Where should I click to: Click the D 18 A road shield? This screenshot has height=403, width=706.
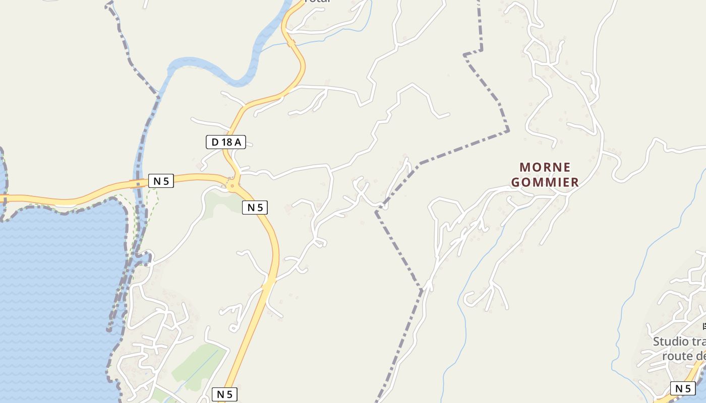click(225, 142)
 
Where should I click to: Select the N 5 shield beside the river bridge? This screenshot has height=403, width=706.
click(161, 181)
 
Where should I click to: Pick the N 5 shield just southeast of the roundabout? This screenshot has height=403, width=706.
click(255, 207)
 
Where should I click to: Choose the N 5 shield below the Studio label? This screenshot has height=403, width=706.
click(683, 388)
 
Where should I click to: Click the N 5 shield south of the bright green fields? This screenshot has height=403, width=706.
click(224, 394)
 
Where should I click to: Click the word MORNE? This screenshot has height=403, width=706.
click(545, 167)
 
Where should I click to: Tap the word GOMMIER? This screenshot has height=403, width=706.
click(545, 182)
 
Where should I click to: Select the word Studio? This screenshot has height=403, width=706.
click(671, 342)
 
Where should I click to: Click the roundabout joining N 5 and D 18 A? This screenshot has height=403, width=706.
click(232, 186)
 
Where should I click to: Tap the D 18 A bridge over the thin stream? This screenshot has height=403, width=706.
click(291, 44)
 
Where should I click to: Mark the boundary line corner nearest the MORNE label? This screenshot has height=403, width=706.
click(508, 131)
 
